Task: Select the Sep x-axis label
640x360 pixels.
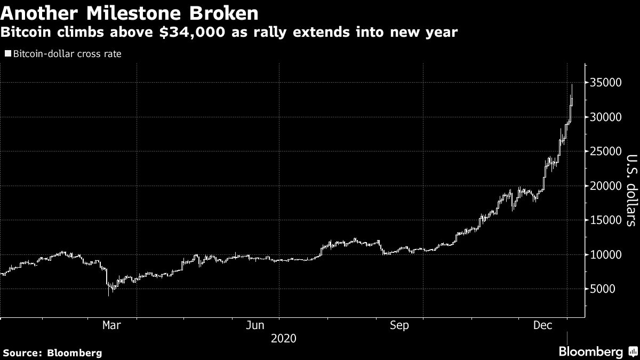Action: pos(400,325)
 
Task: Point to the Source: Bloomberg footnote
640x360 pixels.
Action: pos(52,353)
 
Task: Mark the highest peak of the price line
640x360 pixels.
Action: pos(572,85)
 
